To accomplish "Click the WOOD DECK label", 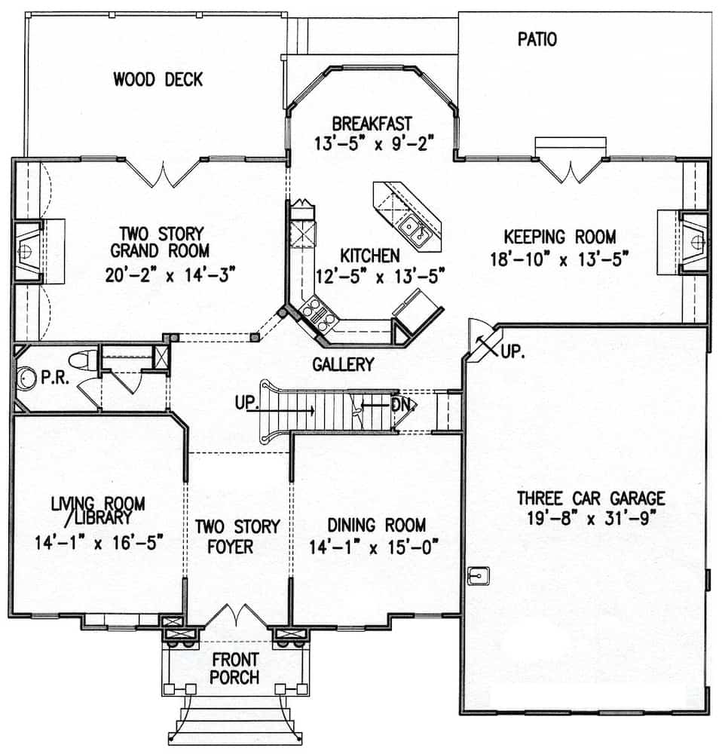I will click(x=158, y=79).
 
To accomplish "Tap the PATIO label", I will click(x=537, y=39).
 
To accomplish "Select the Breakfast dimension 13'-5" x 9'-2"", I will click(x=372, y=143).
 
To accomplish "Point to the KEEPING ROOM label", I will click(x=560, y=235).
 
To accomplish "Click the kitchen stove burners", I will click(x=316, y=314).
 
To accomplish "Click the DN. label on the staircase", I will click(x=401, y=403).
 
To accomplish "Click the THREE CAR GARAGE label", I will click(x=591, y=498).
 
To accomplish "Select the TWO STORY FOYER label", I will click(x=237, y=535).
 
